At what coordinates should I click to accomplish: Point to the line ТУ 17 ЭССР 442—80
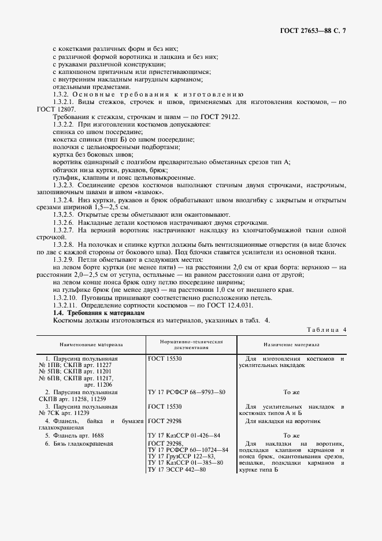(177, 469)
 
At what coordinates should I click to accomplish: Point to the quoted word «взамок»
(152, 192)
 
